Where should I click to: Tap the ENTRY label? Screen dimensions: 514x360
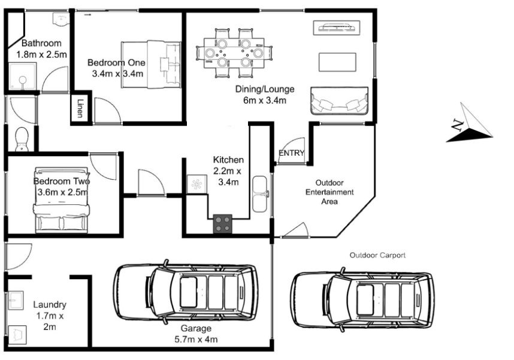291,153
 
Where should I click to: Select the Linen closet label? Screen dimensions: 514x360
80,108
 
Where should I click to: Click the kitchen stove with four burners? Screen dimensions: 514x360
223,223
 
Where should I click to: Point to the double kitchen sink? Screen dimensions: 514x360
260,194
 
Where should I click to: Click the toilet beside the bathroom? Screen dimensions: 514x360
22,140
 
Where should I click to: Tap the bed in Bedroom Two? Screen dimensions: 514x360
61,200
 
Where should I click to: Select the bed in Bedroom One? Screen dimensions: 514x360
151,65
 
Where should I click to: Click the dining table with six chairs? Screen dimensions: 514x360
234,53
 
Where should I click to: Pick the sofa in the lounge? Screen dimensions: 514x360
339,101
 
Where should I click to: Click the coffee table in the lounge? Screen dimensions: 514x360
337,62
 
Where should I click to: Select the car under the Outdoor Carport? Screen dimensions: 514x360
362,299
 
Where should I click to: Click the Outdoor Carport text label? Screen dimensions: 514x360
377,255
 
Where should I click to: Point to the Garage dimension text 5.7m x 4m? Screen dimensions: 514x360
196,340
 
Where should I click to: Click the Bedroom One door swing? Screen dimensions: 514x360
107,110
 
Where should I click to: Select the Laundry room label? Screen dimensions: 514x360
50,304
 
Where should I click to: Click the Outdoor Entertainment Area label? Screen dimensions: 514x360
329,192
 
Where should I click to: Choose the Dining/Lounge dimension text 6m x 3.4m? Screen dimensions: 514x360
265,100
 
